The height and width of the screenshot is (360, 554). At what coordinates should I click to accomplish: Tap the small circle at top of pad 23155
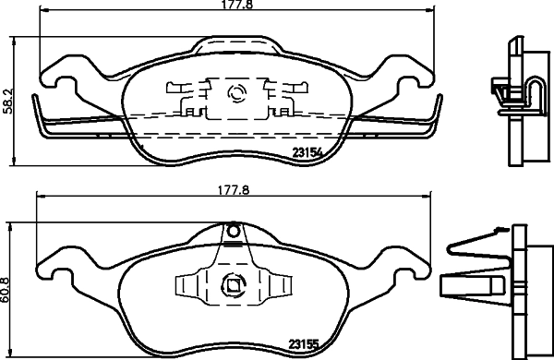coord(233,230)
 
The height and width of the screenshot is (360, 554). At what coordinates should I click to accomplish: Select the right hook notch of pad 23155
coord(403,271)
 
